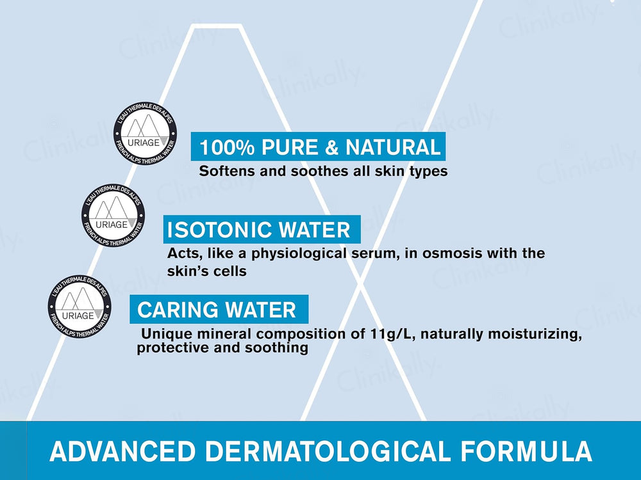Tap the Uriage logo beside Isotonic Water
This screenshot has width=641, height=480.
click(113, 214)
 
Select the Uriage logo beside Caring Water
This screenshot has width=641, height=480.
click(79, 306)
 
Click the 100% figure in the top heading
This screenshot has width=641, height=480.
click(225, 147)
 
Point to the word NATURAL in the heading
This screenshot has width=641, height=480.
click(393, 147)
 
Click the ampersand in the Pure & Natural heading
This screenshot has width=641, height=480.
click(331, 147)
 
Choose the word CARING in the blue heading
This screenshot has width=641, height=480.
click(173, 310)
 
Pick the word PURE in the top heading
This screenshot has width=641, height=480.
click(287, 147)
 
